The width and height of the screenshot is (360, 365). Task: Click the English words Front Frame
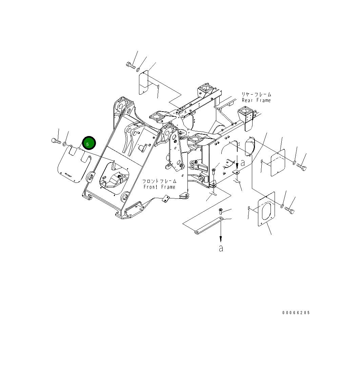pos(159,187)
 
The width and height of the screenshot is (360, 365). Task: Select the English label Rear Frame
pos(256,100)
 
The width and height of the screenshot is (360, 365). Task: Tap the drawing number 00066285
pos(296,313)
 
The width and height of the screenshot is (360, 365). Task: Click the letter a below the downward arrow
pos(221,248)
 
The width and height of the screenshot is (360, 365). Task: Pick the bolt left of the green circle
pos(56,140)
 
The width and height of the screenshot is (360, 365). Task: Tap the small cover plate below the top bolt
pos(143,83)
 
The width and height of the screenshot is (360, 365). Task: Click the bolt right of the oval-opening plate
pos(290,210)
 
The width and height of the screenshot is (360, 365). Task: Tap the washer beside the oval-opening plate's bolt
pos(282,206)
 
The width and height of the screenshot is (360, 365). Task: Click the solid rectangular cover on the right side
pos(278,163)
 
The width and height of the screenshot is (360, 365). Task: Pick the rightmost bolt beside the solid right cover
pos(301,167)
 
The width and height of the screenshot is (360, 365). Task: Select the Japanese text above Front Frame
pos(159,181)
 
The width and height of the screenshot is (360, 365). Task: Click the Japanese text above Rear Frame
pos(256,94)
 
